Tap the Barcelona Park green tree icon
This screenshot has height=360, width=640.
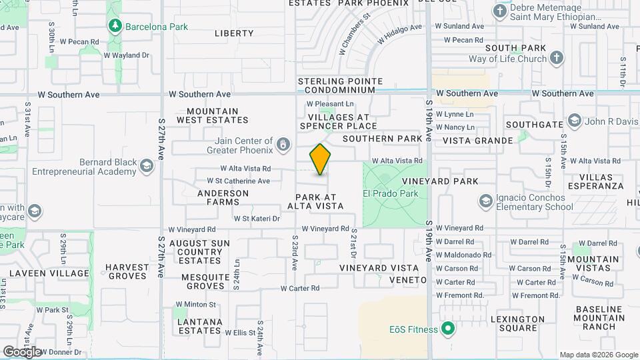click(115, 26)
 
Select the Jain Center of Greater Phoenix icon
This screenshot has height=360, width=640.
click(284, 143)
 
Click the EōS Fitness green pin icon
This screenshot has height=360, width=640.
click(449, 329)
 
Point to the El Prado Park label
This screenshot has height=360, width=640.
click(390, 193)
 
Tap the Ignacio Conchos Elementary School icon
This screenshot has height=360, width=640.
click(487, 201)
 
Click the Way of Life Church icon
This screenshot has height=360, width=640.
click(557, 58)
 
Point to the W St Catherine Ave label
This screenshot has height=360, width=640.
click(238, 181)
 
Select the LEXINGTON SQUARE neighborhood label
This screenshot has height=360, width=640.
click(518, 323)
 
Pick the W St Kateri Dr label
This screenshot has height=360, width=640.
click(256, 218)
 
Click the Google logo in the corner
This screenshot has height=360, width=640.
click(22, 351)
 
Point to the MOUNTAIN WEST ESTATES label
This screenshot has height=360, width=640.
click(213, 115)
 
